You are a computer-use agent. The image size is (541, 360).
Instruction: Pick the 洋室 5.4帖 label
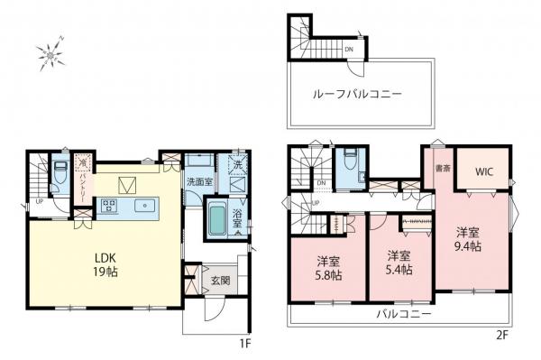point(399,262)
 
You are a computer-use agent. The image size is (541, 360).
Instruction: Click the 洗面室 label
point(199,182)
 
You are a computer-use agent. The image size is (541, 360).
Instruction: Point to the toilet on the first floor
point(59,171)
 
